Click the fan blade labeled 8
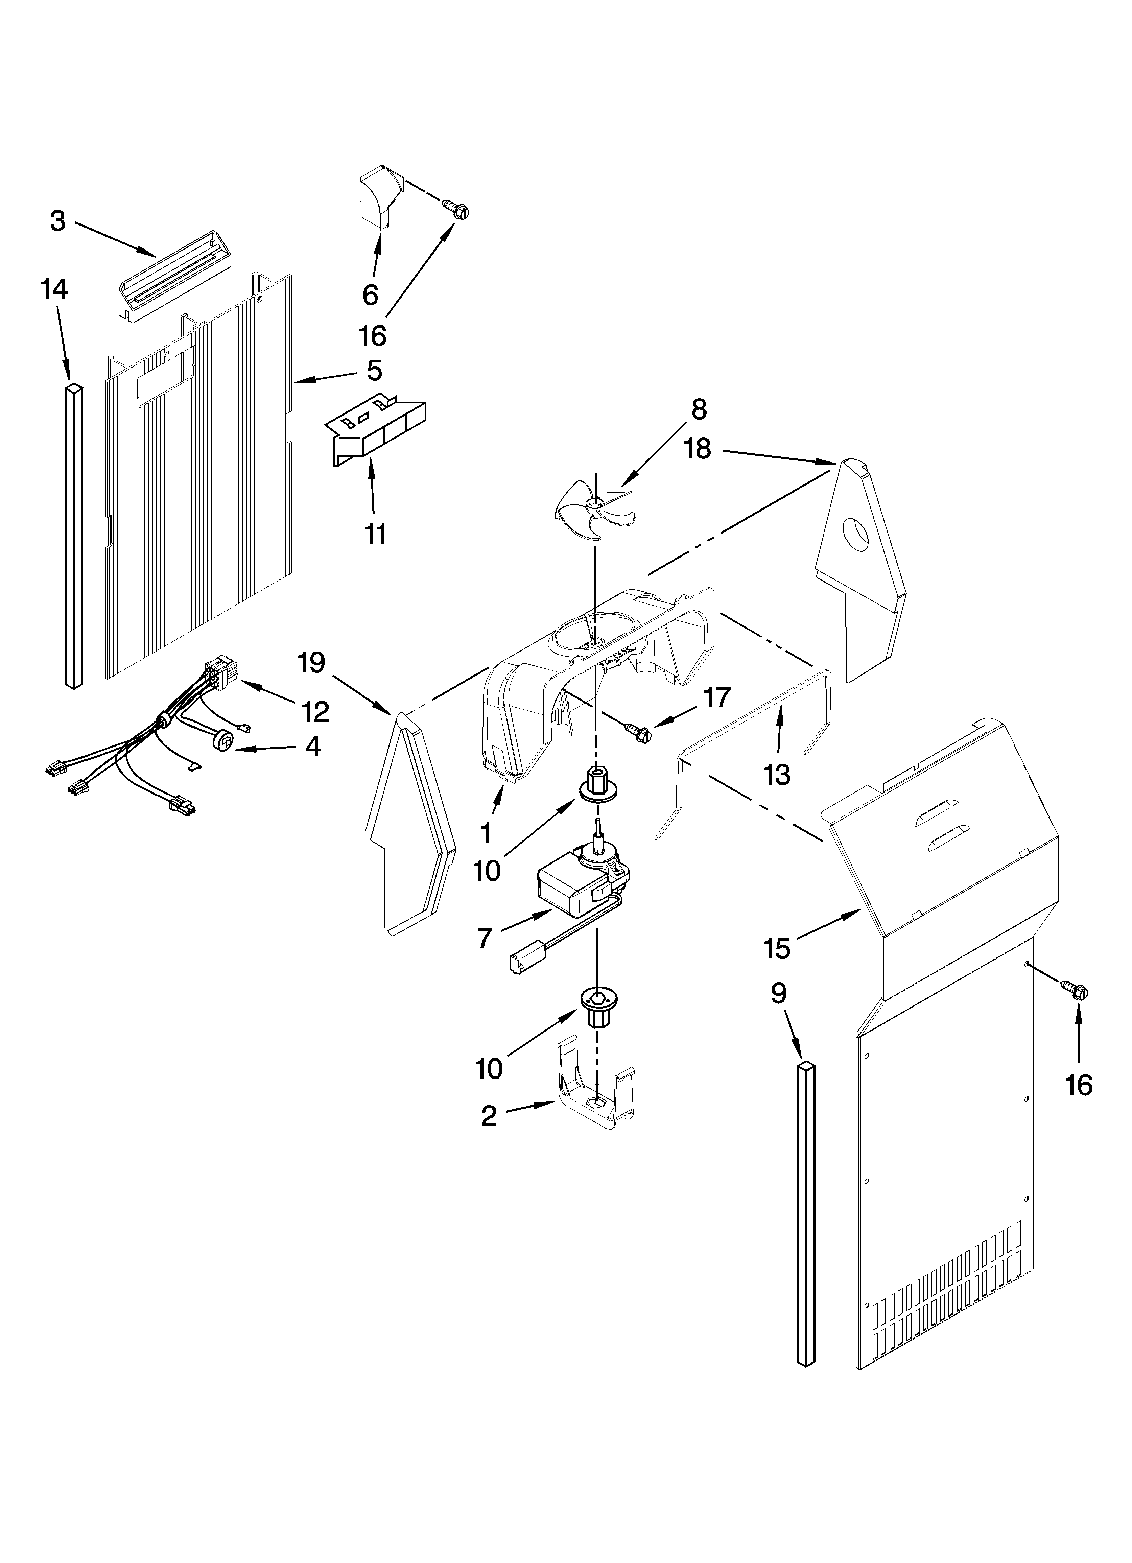click(x=591, y=508)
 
